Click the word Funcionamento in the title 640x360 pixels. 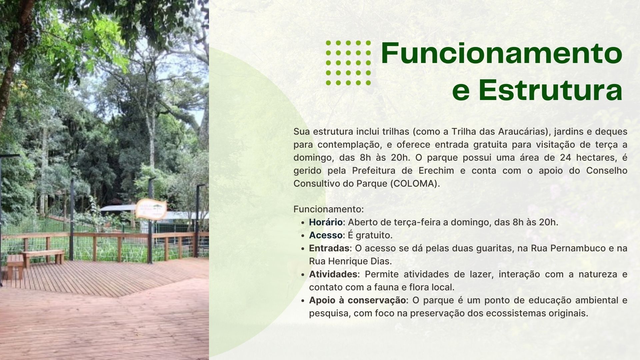(502, 53)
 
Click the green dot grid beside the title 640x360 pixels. (348, 63)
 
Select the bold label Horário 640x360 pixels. (326, 222)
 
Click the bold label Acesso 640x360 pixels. (325, 235)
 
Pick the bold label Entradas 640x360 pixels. (329, 248)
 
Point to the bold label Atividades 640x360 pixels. (333, 274)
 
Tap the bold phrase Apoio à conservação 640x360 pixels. (357, 300)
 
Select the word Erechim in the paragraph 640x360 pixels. (436, 170)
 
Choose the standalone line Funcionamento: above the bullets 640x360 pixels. (328, 209)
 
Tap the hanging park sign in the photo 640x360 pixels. (151, 209)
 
